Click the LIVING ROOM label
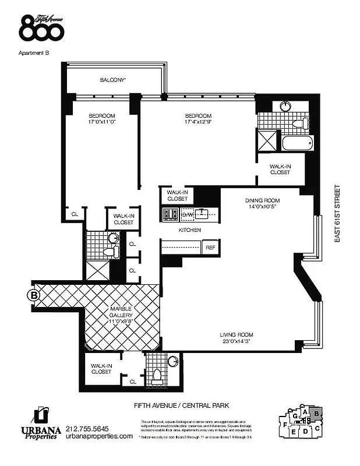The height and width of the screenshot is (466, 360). click(x=236, y=334)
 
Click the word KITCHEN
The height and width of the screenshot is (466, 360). click(x=189, y=231)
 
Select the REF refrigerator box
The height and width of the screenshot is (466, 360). click(x=210, y=248)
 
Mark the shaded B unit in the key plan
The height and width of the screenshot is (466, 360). click(x=315, y=415)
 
